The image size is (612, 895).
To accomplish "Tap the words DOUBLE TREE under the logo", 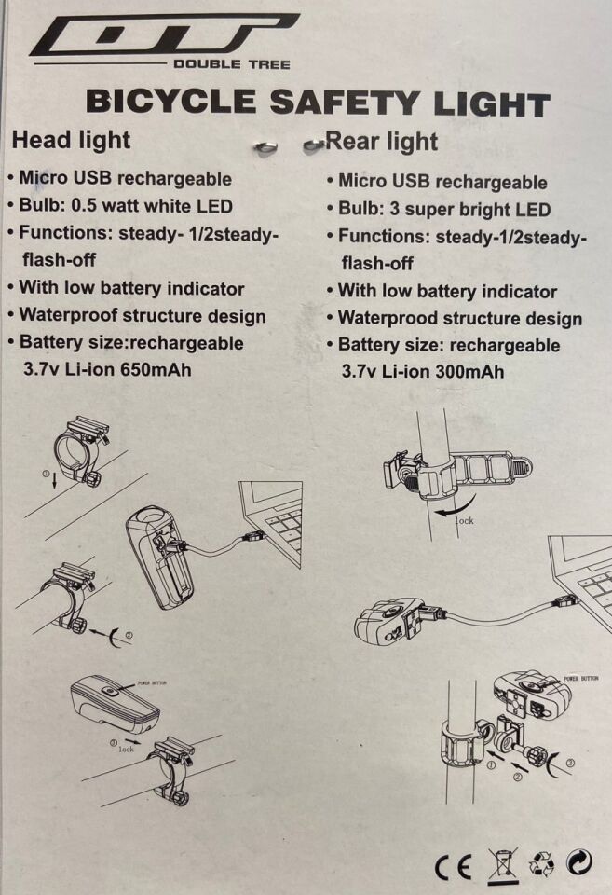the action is pyautogui.click(x=232, y=64).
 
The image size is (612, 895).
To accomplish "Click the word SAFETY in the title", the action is pyautogui.click(x=344, y=103).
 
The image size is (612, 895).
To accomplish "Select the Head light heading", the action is pyautogui.click(x=72, y=141).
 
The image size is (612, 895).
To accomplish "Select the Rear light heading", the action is pyautogui.click(x=382, y=142).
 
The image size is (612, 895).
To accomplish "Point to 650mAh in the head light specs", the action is pyautogui.click(x=156, y=369).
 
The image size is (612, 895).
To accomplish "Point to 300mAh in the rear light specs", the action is pyautogui.click(x=469, y=372).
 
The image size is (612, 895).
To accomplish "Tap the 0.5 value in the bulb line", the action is pyautogui.click(x=85, y=205).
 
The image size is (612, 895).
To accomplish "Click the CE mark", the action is pyautogui.click(x=454, y=867).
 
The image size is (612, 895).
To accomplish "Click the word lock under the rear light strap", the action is pyautogui.click(x=464, y=520).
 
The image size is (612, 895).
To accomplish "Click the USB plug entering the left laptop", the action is pyautogui.click(x=254, y=535).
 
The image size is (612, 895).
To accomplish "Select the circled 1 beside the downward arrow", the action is pyautogui.click(x=47, y=474).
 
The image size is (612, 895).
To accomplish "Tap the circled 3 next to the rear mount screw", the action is pyautogui.click(x=570, y=763).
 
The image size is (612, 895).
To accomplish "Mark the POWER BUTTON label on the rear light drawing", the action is pyautogui.click(x=580, y=678).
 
